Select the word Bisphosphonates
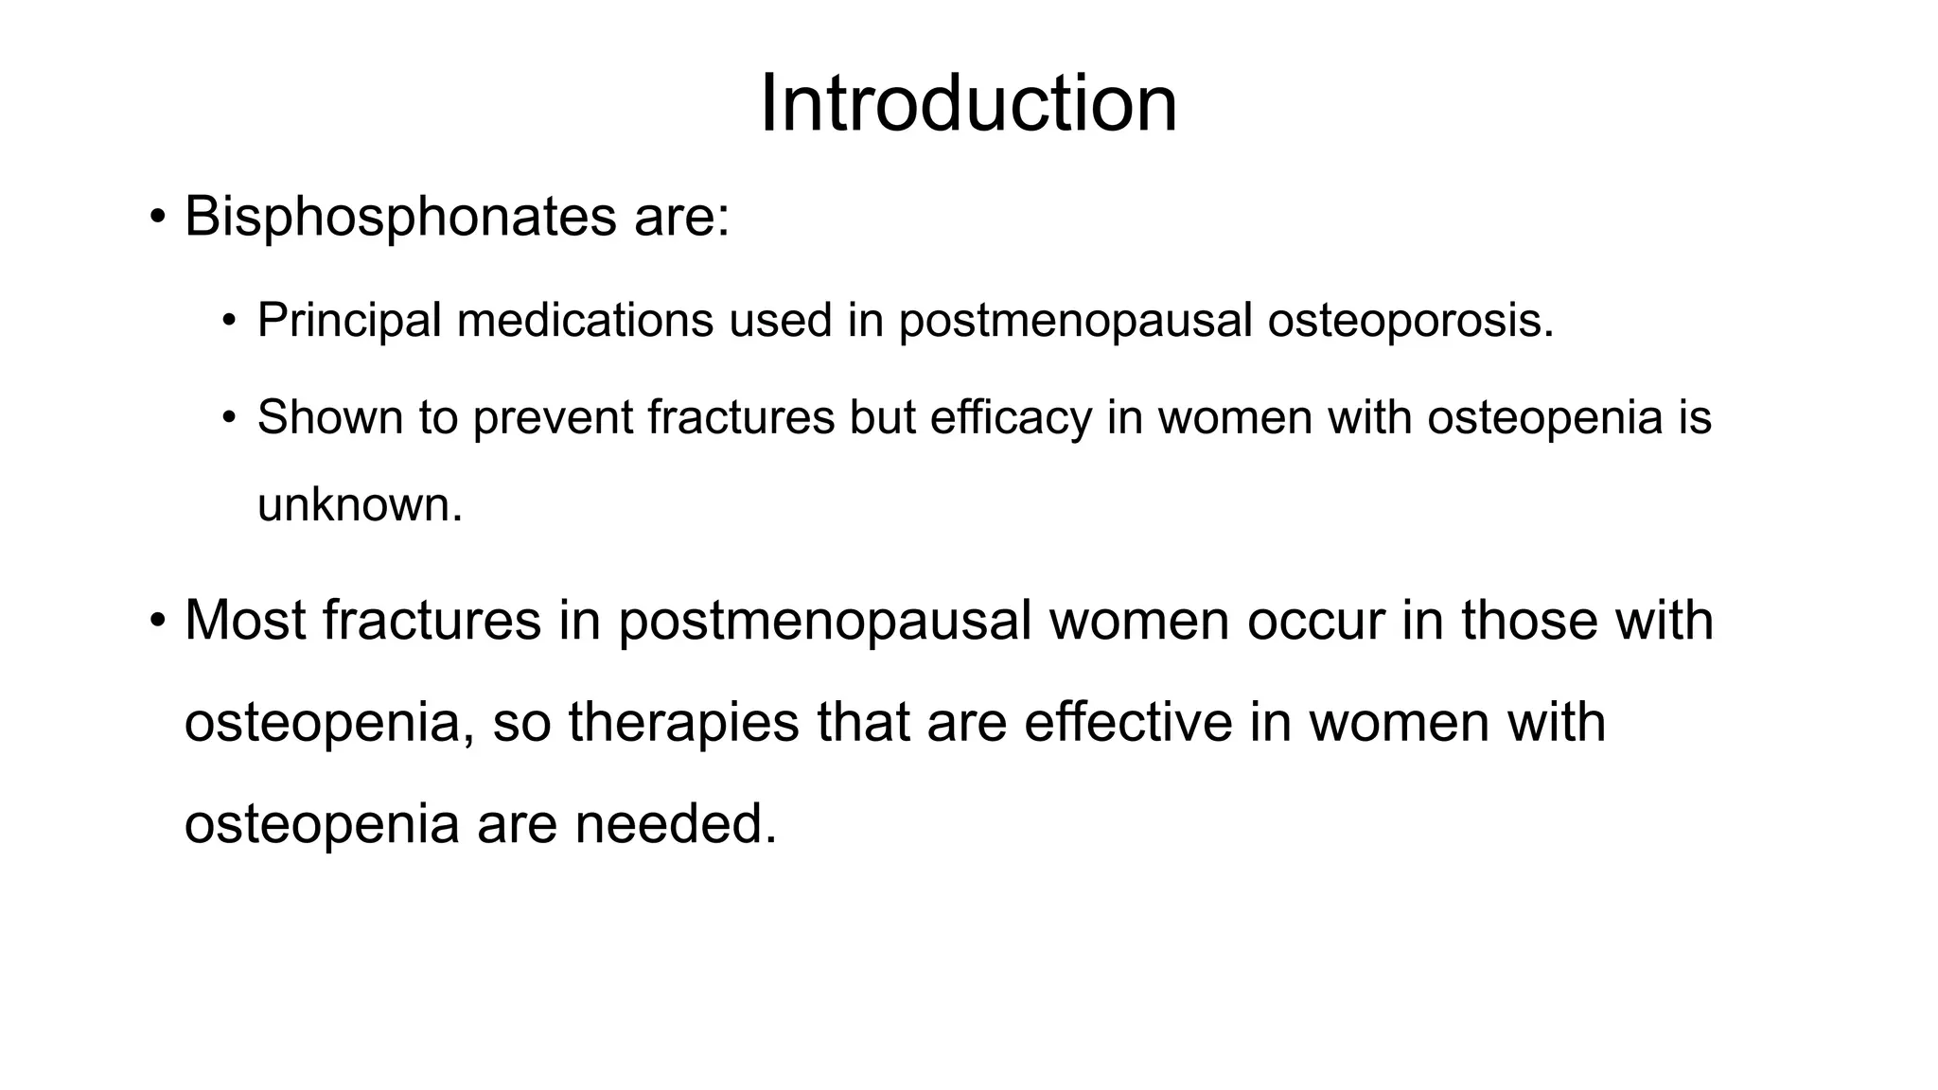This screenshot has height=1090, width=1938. pos(400,217)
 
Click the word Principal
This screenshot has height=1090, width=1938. pos(349,320)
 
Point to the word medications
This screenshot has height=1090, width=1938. pos(584,320)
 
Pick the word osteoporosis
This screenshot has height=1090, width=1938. pos(1410,320)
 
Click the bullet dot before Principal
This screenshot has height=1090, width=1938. pos(228,321)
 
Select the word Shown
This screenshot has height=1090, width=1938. pos(329,417)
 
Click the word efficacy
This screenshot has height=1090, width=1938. pos(1011,417)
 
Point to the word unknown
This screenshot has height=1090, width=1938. pos(360,504)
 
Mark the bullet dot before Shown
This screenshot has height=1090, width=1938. pos(228,417)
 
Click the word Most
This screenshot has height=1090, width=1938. pos(245,620)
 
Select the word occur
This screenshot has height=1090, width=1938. pos(1315,622)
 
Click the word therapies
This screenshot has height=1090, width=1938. pos(683,723)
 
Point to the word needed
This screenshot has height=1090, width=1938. pos(676,823)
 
